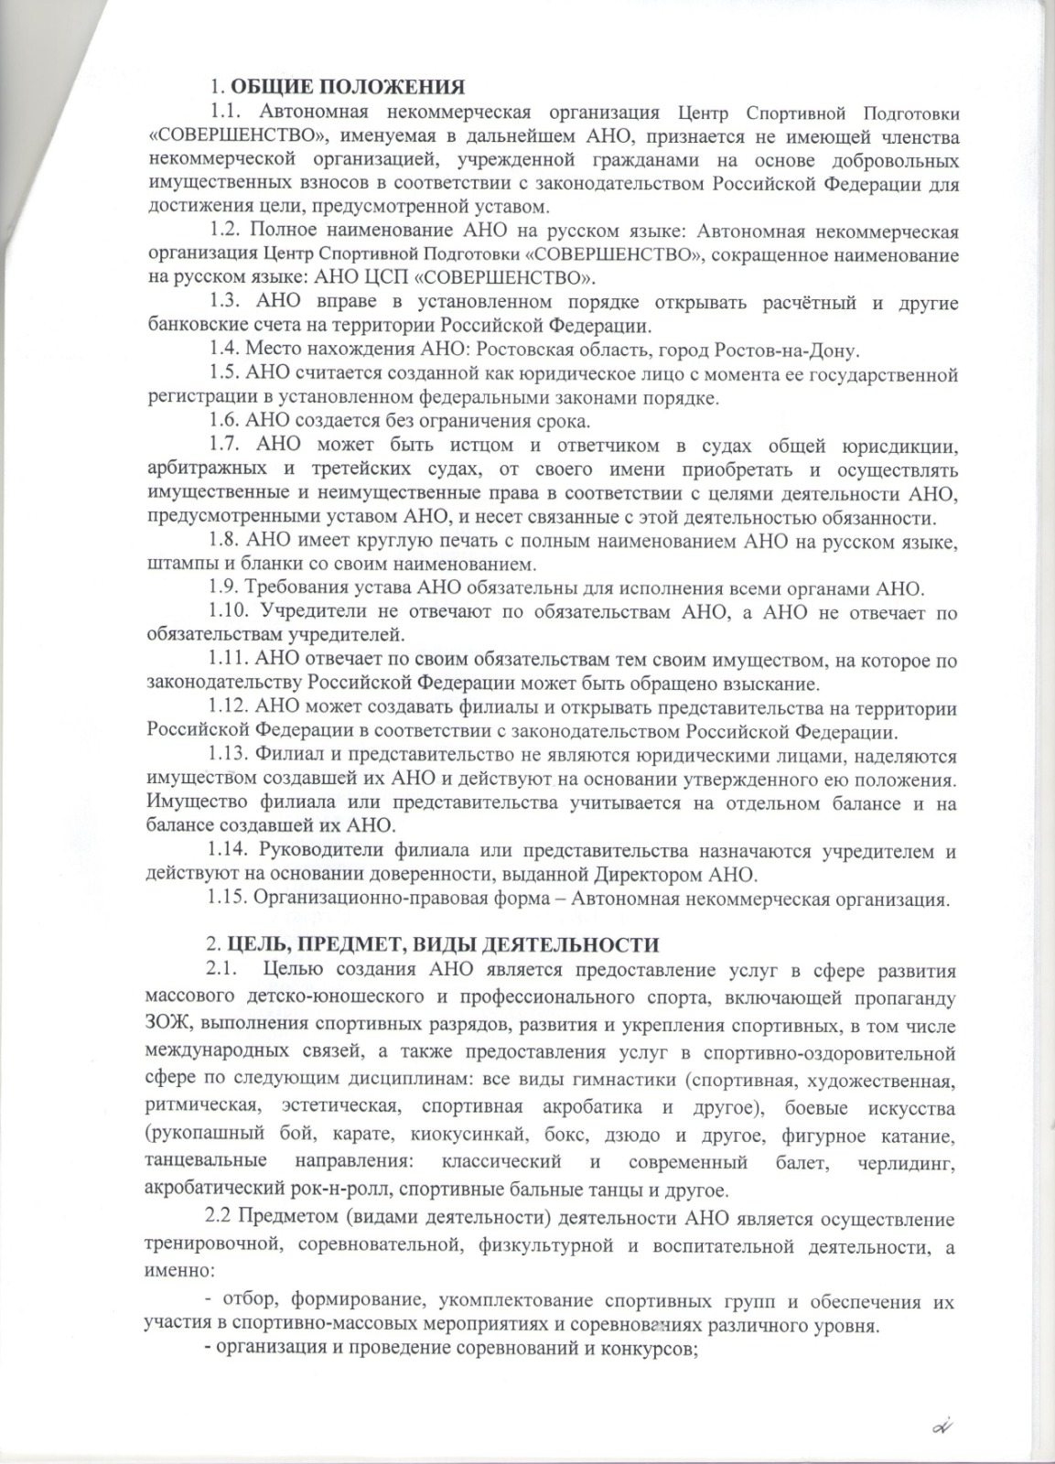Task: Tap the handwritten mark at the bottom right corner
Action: (x=942, y=1426)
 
